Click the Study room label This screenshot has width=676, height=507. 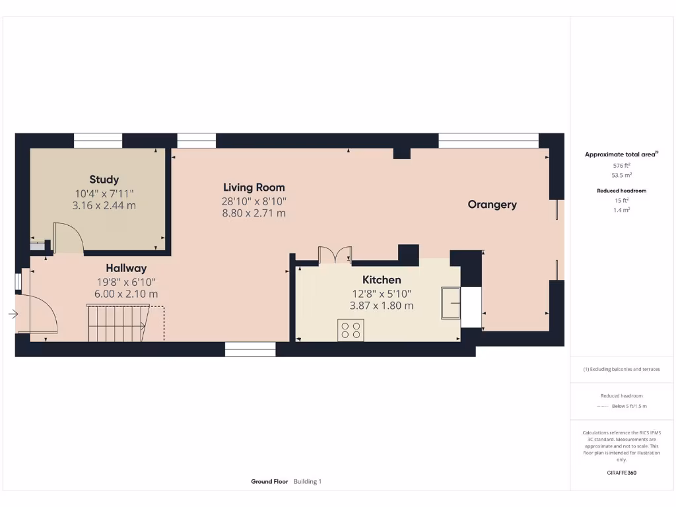[x=104, y=180]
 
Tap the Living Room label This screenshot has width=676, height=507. [x=254, y=187]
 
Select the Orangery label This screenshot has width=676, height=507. [x=492, y=205]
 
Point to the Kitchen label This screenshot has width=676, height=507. [x=382, y=280]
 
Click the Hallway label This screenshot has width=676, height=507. [x=126, y=268]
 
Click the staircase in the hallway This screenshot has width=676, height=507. [x=116, y=322]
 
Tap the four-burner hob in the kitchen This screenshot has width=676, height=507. [x=351, y=329]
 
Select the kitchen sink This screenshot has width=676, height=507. [x=452, y=302]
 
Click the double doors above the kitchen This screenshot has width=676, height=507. [x=335, y=255]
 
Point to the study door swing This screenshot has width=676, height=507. [x=67, y=238]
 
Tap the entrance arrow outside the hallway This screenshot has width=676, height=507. [x=13, y=314]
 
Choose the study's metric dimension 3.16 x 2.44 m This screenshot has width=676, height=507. [x=104, y=205]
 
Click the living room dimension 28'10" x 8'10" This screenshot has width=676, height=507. [x=254, y=201]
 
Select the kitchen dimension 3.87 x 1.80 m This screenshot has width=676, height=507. [x=382, y=306]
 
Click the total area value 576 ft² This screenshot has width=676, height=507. [x=621, y=165]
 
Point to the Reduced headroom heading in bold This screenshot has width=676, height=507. [x=621, y=191]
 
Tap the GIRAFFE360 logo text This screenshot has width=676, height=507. [x=621, y=473]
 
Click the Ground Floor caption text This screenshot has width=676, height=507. [x=269, y=482]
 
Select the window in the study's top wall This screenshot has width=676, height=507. [x=98, y=140]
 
